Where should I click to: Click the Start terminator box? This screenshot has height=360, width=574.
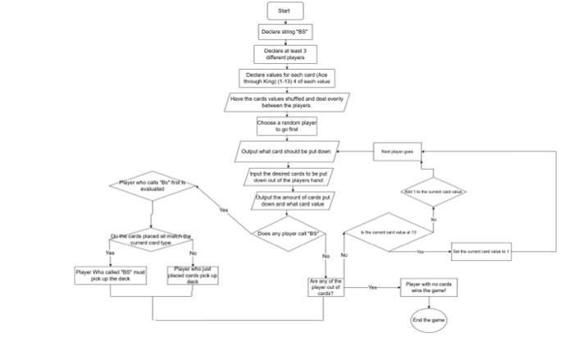tap(285, 11)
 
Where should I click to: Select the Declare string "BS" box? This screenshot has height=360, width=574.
tap(285, 32)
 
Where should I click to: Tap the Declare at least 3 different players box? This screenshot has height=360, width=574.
tap(285, 54)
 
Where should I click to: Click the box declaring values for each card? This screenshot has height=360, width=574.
tap(285, 78)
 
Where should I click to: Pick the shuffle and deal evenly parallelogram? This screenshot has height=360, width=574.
tap(285, 102)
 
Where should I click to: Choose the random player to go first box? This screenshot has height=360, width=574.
tap(285, 126)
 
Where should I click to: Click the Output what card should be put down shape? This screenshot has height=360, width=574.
tap(286, 152)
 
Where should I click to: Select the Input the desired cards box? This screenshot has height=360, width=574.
tap(289, 177)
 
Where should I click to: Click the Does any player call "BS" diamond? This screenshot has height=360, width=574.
tap(288, 233)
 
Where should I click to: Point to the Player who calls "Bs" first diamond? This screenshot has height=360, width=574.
tap(153, 185)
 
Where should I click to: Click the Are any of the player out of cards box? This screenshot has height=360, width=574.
tap(326, 288)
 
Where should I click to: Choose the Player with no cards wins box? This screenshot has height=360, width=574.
tap(428, 288)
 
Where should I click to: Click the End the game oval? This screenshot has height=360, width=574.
tap(428, 319)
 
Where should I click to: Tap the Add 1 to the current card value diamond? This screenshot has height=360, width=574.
tap(434, 190)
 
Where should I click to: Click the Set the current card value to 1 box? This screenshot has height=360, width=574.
tap(481, 253)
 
